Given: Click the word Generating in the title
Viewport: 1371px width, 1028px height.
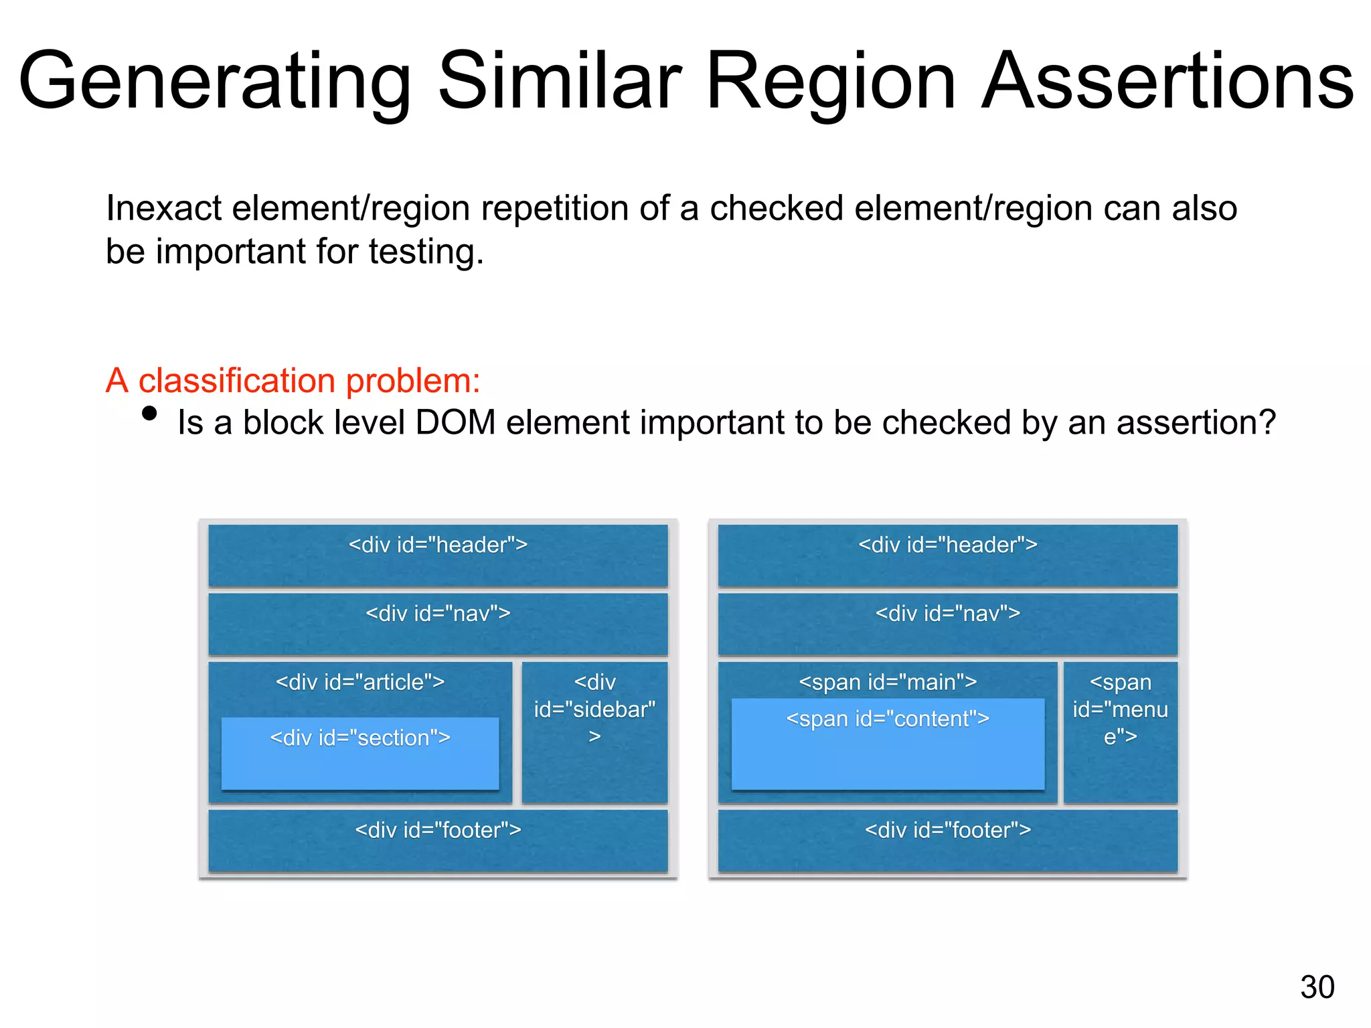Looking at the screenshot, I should click(x=214, y=82).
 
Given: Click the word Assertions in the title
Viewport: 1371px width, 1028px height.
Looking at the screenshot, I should click(x=1167, y=82).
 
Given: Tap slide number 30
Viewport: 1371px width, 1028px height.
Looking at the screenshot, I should click(x=1317, y=987).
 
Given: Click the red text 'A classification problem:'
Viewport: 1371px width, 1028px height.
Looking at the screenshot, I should click(x=293, y=381).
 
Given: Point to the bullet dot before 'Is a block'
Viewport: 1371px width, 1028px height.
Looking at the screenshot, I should click(x=150, y=414).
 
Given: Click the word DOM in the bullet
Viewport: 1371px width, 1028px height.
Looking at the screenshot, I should click(x=455, y=423).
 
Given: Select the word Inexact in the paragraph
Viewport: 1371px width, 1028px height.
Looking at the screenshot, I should click(x=163, y=208).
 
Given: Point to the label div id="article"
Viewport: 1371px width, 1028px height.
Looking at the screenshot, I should click(x=360, y=682).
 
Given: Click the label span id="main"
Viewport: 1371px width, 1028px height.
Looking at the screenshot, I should click(x=888, y=682).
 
